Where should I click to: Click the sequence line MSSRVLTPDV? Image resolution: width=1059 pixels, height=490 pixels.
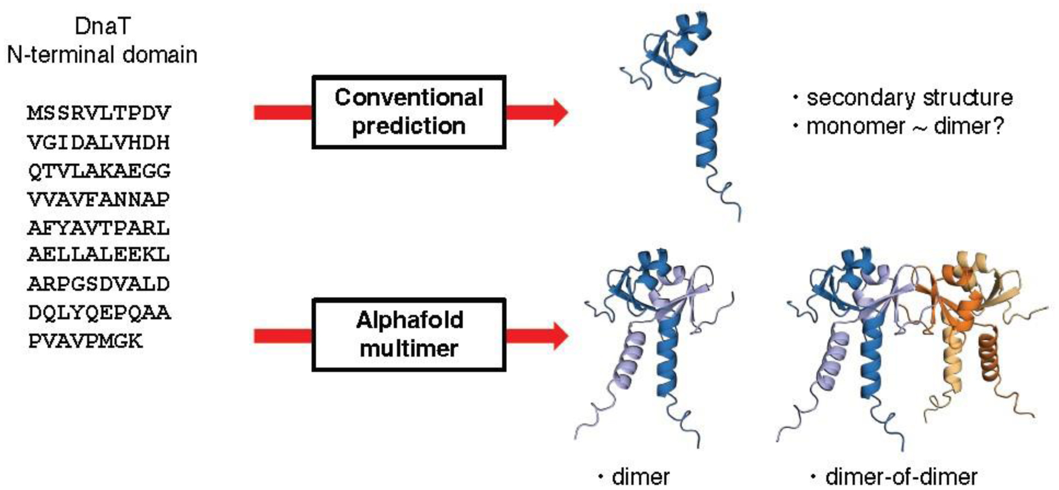point(99,113)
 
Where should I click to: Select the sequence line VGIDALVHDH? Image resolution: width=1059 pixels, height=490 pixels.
point(99,142)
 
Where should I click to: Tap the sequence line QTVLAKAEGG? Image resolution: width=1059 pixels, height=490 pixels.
point(99,171)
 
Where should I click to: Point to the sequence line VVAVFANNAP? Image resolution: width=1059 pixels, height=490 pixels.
point(99,199)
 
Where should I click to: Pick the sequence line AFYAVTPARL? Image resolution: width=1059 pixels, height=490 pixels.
point(99,228)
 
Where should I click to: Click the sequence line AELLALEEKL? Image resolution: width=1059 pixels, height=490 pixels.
point(99,254)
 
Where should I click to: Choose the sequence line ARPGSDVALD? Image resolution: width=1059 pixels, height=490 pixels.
point(99,283)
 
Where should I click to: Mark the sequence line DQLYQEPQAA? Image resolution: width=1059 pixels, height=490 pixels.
point(99,312)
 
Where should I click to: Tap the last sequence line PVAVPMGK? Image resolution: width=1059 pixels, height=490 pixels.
point(86,341)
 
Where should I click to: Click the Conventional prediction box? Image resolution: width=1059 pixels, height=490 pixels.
point(408,112)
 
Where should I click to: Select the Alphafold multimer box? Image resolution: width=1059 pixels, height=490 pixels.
point(408,335)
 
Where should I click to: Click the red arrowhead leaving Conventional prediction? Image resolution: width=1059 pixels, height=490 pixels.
point(558,112)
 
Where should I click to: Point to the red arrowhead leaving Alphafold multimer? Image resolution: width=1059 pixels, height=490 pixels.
point(558,336)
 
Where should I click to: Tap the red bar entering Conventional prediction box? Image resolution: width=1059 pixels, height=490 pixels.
point(282,112)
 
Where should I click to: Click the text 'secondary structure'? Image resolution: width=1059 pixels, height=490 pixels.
point(909,98)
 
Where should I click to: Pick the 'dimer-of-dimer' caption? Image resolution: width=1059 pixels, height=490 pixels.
point(901,476)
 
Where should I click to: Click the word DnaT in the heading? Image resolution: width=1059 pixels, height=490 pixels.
point(102,26)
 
